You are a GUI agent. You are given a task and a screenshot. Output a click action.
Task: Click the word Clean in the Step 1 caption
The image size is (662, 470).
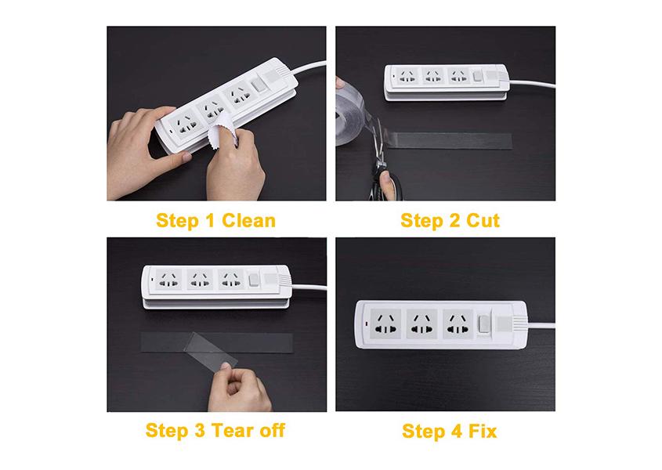pos(248,220)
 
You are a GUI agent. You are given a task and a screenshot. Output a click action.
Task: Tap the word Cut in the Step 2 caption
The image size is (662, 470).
pos(483,220)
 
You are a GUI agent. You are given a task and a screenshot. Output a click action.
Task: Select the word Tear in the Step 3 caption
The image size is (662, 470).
pos(232,430)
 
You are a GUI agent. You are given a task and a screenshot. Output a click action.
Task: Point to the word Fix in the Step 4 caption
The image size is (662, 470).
pos(483,431)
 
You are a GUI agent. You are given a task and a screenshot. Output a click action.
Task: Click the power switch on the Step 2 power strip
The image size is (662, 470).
pos(477,76)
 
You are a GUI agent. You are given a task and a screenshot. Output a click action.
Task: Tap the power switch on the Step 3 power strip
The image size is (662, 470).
pos(254,280)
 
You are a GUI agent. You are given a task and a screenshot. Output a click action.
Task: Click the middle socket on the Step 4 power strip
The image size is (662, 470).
pos(421,324)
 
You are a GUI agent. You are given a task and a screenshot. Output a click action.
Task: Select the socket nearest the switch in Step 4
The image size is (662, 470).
pos(458,324)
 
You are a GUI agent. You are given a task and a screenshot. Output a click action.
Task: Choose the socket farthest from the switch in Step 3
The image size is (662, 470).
pos(169,279)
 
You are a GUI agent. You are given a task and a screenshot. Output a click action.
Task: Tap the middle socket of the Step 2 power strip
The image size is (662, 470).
pos(432,76)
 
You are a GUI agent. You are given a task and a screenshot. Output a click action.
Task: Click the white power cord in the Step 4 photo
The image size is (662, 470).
pos(541,325)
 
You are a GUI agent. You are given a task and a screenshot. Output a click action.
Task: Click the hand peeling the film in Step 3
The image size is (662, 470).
pos(238,389)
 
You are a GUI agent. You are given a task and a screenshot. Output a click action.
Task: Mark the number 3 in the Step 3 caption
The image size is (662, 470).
pos(200,430)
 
